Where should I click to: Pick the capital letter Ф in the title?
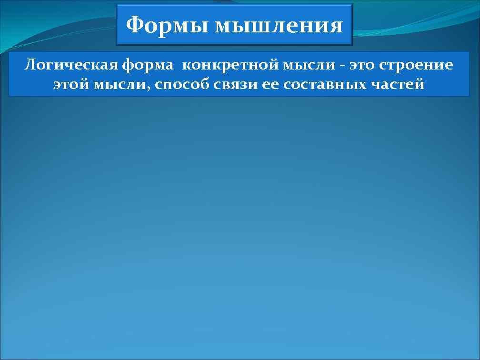[135, 25]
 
